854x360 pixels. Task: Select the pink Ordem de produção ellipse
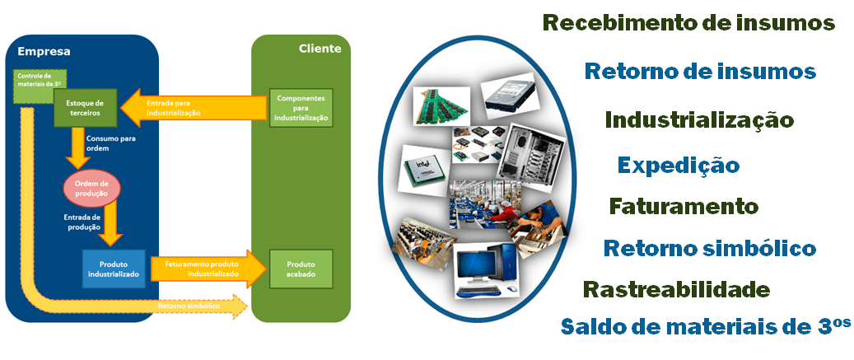coord(92,188)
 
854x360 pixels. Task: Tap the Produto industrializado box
coord(114,268)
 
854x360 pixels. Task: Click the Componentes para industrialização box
coord(301,107)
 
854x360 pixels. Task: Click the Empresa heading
coord(44,52)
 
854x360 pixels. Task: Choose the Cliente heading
coord(320,49)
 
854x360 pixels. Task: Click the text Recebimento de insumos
coord(688,22)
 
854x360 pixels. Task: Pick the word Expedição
coord(678,165)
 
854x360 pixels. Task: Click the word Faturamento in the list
coord(683,205)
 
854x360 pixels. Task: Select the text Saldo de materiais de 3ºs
coord(705,325)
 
